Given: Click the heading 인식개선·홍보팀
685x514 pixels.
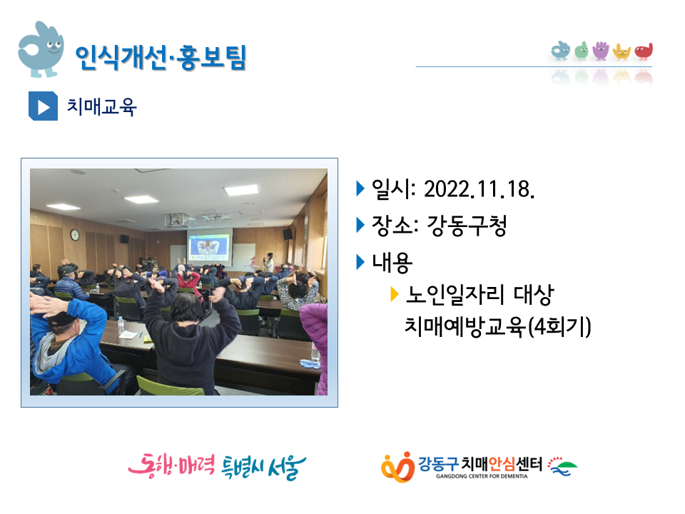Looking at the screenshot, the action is pos(161,57).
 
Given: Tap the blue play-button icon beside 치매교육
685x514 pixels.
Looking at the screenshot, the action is pos(43,106).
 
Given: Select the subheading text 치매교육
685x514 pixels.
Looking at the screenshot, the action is pos(101,106).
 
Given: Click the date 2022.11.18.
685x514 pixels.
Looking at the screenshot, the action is pos(479,189).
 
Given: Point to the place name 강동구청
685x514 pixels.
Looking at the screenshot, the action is pos(467,226).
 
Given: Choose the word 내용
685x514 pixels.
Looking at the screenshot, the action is pos(392,262).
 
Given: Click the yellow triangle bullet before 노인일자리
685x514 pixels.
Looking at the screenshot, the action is pos(394,294).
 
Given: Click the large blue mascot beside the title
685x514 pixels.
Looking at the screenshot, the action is pos(41,49).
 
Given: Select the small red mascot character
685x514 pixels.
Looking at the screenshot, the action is pos(644,51).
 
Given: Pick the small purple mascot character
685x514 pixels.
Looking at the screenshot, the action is pos(601,50).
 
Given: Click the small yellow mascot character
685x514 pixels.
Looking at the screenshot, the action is pos(621,51).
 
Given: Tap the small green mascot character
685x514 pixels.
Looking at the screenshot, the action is pos(582,51).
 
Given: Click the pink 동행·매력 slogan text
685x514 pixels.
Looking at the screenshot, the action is pos(171,466).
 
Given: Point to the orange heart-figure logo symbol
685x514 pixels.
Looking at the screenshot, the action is pos(397,467).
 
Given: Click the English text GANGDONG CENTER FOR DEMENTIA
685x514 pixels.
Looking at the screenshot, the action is pos(482,476).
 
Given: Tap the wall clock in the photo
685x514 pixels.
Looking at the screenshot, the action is pos(75,235).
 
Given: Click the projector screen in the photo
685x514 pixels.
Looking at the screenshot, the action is pos(210,248).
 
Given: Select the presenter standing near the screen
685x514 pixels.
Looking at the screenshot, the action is pos(269,263).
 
